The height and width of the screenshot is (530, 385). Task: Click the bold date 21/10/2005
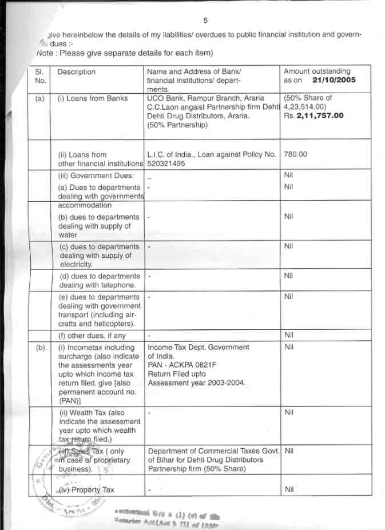click(x=334, y=81)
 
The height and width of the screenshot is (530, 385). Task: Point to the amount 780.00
click(x=295, y=154)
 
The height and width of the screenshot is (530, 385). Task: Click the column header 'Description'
click(x=77, y=72)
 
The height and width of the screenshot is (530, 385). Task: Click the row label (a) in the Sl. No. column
click(x=39, y=98)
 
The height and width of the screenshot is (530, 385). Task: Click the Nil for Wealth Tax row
click(x=288, y=412)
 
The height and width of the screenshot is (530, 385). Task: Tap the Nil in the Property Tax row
click(x=288, y=489)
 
